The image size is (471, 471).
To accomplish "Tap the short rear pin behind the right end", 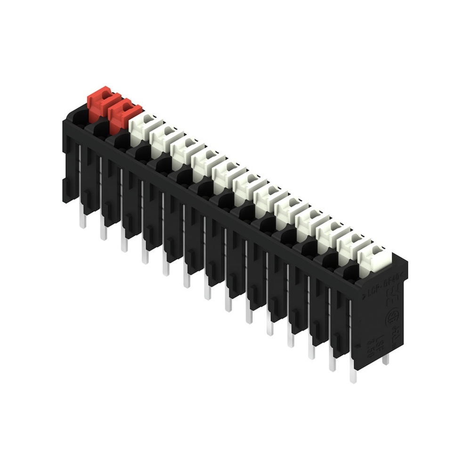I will pyautogui.click(x=386, y=360).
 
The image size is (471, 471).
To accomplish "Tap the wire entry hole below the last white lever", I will pyautogui.click(x=351, y=273).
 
